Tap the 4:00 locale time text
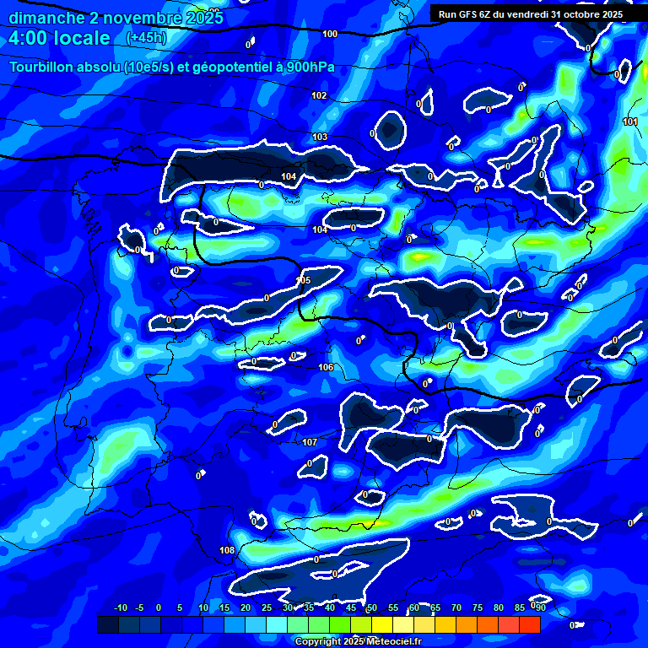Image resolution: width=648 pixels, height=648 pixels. [59, 38]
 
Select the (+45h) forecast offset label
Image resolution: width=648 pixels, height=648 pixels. [145, 38]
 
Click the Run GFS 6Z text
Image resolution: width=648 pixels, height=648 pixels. [469, 14]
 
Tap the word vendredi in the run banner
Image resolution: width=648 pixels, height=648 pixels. [540, 14]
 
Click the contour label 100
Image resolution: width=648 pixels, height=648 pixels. [330, 34]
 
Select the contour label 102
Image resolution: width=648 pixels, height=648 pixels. [319, 95]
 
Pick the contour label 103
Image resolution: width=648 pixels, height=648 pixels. [320, 137]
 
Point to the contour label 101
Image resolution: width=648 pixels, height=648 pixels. [630, 121]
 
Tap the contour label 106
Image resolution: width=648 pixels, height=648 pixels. [326, 367]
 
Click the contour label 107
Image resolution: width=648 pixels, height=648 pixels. [310, 442]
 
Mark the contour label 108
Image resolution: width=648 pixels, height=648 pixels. [227, 551]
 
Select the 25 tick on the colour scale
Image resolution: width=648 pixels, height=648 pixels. [267, 607]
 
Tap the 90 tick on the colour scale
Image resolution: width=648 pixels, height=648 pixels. [540, 607]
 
